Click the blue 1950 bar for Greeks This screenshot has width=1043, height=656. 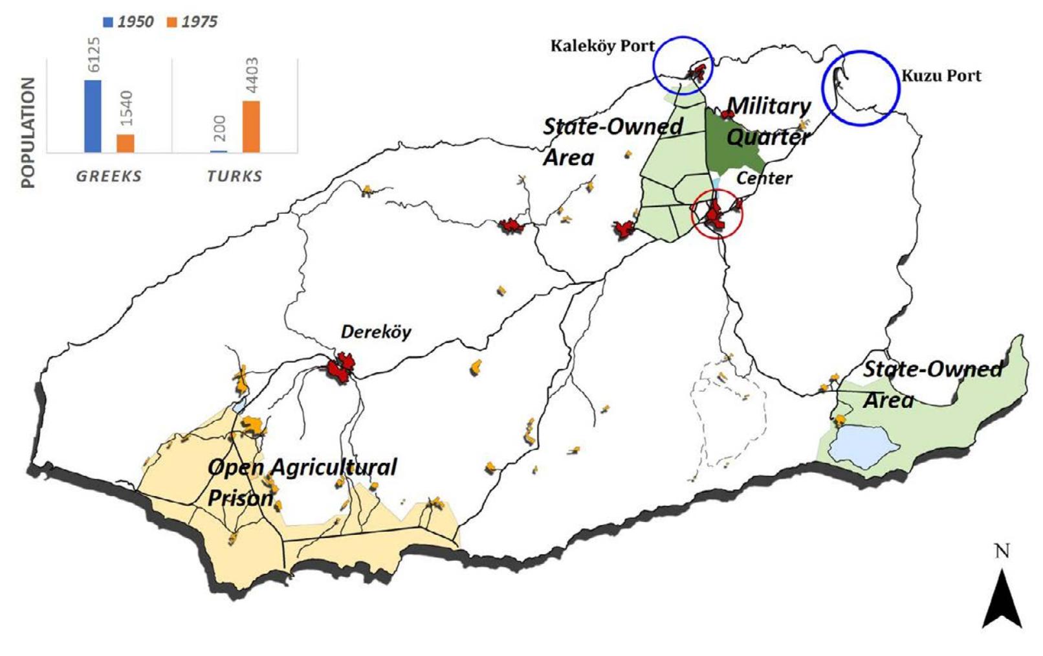point(93,117)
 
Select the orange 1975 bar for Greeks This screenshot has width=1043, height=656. point(125,143)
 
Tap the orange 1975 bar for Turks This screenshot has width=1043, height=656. point(251,127)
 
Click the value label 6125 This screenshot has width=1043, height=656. point(94,55)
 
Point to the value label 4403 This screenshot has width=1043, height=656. point(252,75)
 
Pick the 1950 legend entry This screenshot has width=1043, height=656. point(128,21)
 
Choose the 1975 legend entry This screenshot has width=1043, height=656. point(192,21)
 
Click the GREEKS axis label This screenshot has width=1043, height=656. point(109,176)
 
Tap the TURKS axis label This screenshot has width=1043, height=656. point(235,176)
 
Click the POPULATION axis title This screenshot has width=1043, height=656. point(28,132)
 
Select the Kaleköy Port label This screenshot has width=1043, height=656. point(602,46)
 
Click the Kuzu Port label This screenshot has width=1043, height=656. point(941,76)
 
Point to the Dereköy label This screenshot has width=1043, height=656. point(376,332)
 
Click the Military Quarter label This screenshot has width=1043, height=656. point(769,121)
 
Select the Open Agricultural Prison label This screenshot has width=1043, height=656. point(302,482)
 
